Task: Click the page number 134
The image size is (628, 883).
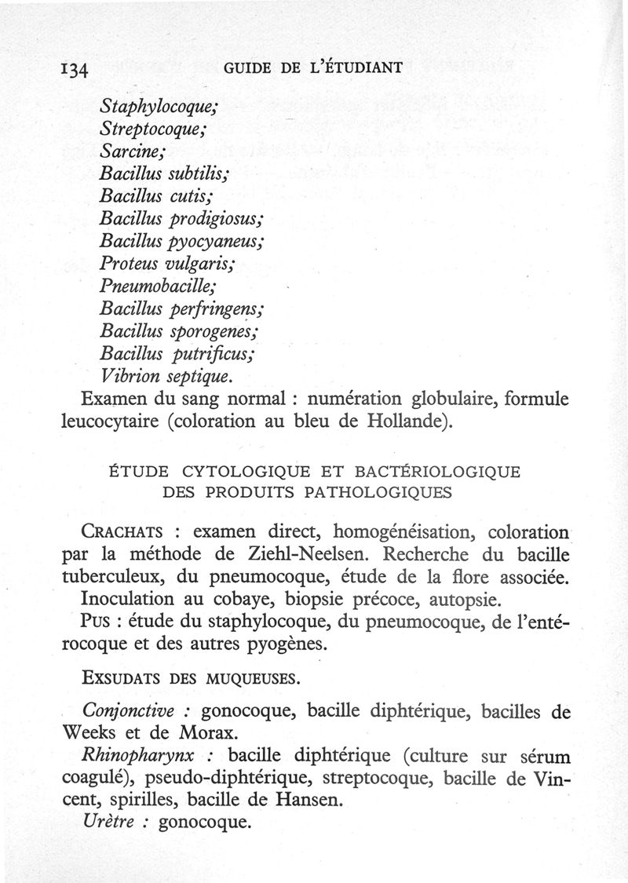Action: click(76, 69)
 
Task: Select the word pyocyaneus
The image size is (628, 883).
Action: click(225, 236)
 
